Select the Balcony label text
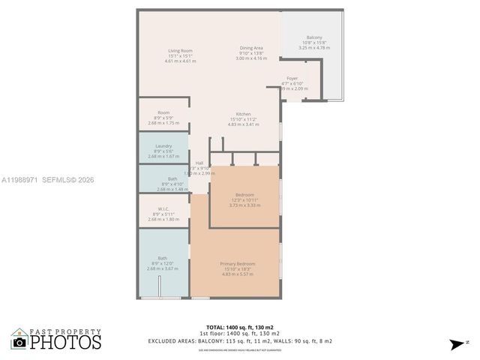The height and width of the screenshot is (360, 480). [x=314, y=37]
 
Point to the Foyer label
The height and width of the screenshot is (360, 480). [x=292, y=78]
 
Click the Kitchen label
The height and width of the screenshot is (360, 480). [x=243, y=114]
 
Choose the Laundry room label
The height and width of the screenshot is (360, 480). [x=163, y=146]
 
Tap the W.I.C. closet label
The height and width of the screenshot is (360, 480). [x=163, y=209]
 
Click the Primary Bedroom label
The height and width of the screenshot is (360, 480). [x=238, y=264]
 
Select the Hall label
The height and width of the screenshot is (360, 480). [x=199, y=163]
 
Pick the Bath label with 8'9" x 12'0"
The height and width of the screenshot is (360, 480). [x=163, y=259]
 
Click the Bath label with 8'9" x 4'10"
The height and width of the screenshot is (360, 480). [x=163, y=178]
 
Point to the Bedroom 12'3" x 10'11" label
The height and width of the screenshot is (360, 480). [x=244, y=195]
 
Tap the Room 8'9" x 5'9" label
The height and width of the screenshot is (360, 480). [x=163, y=112]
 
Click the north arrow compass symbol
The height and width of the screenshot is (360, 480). [x=457, y=344]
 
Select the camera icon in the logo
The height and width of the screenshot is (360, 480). [x=19, y=342]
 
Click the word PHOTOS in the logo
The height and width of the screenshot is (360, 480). [x=66, y=343]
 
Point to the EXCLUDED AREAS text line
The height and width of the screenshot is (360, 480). [x=240, y=340]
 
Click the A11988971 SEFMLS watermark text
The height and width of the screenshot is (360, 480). [x=46, y=180]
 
